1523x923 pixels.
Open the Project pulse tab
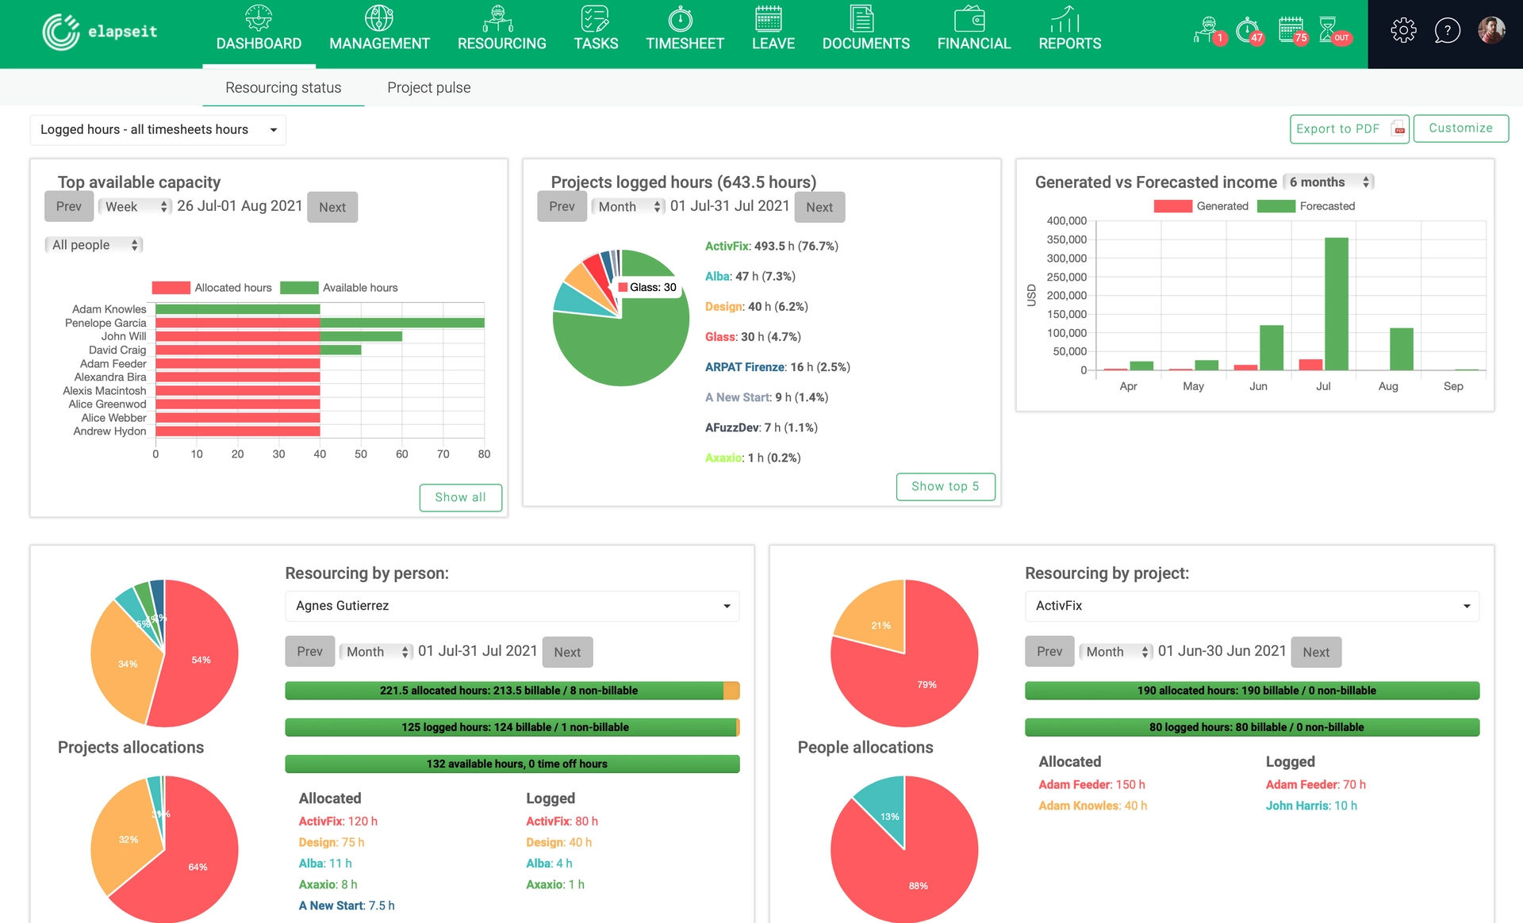428,88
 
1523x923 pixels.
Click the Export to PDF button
1348,128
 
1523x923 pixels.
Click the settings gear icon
1402,31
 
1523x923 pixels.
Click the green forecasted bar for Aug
1401,349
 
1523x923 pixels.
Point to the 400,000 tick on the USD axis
1066,221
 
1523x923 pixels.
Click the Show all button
460,497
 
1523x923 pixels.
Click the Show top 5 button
945,486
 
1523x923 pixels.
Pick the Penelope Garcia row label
105,323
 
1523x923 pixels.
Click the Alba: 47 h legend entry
750,277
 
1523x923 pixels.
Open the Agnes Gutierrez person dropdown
512,606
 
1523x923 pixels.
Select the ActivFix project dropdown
1251,606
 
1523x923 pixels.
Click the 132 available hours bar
512,764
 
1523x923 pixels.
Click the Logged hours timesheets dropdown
158,130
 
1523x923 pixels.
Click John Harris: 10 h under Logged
1310,806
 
